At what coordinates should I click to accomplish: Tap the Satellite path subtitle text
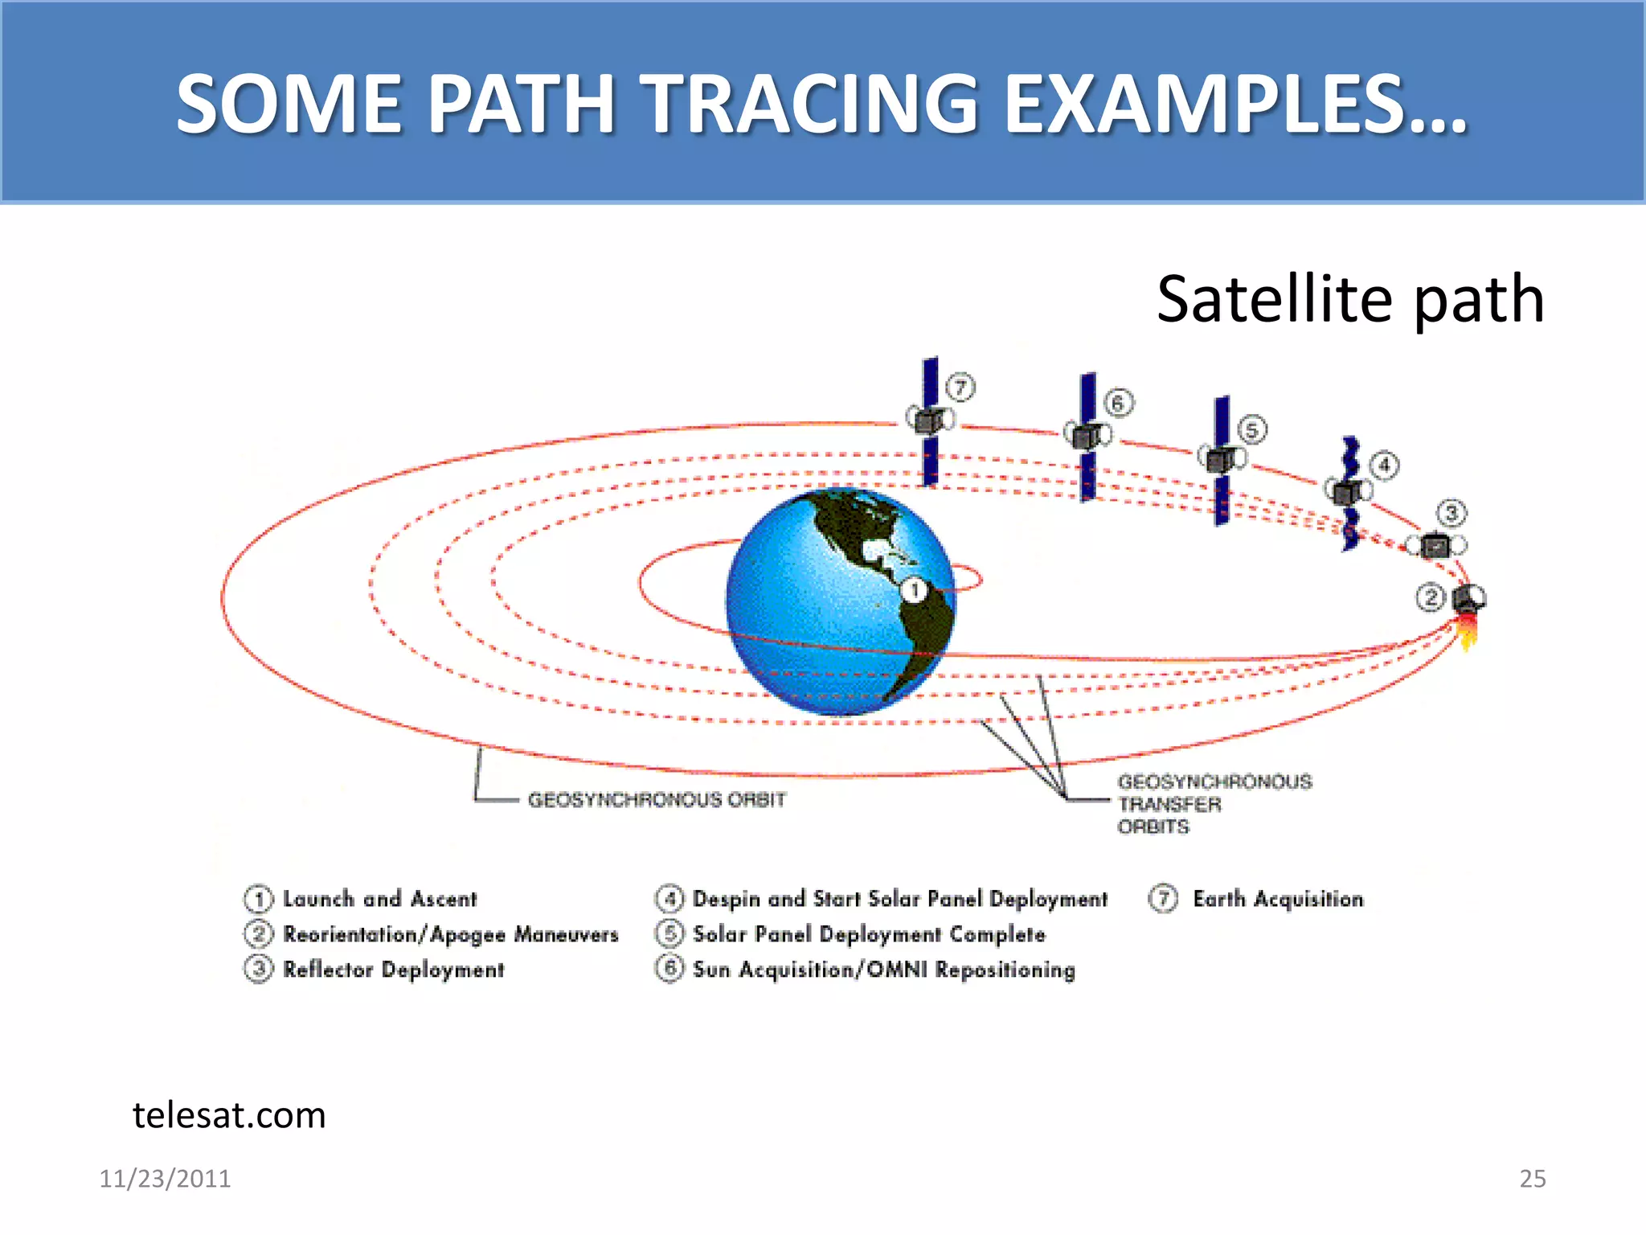1349,299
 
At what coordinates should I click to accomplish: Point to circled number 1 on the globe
914,591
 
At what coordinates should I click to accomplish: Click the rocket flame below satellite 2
1468,632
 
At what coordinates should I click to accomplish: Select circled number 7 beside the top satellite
960,388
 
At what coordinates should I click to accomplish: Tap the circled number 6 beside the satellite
1118,403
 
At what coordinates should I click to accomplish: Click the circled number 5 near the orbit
1251,430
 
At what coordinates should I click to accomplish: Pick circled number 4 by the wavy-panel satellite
1384,466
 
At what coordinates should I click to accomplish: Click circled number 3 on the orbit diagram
1451,513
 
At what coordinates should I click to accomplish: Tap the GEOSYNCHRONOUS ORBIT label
657,800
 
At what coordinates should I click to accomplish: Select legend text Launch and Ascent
379,899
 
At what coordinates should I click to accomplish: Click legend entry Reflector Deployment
393,970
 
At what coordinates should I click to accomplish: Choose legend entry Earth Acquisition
1278,899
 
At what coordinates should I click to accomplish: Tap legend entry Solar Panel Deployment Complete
869,934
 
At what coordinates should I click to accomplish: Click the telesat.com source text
229,1115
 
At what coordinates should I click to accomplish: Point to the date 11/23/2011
165,1179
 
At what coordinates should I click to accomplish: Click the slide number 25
1532,1179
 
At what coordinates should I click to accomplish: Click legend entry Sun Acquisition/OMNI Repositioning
883,970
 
